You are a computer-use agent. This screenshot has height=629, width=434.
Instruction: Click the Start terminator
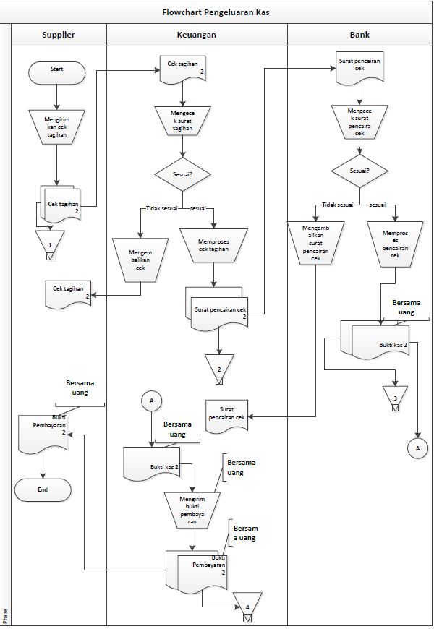(56, 72)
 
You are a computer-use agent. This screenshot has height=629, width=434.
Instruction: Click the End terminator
(43, 489)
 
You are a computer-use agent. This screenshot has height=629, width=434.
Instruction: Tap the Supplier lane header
(59, 34)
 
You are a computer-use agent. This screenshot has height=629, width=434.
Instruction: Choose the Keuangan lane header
(197, 34)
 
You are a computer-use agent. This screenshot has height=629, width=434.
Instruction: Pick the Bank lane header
(359, 34)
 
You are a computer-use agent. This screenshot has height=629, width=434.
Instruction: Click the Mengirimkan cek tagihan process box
(56, 124)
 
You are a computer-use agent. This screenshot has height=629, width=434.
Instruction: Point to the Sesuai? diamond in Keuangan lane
(182, 174)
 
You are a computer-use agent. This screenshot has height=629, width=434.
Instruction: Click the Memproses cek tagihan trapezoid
(213, 244)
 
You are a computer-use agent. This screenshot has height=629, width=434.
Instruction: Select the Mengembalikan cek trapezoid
(140, 258)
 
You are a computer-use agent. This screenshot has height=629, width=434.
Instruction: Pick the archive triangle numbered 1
(50, 243)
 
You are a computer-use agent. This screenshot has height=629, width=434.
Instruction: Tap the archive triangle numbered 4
(247, 606)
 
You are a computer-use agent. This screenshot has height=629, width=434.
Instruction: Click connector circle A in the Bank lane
(417, 448)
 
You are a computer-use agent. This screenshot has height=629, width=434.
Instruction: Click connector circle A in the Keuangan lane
(151, 399)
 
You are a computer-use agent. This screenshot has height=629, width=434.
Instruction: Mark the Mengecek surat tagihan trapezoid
(183, 119)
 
